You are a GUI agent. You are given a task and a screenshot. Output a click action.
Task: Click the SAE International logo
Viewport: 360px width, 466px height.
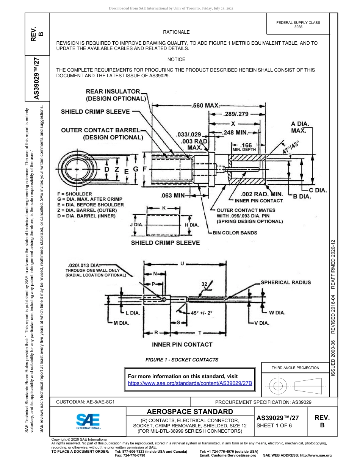pyautogui.click(x=88, y=421)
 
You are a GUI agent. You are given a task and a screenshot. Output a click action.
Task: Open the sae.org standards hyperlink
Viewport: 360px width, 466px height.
pyautogui.click(x=190, y=383)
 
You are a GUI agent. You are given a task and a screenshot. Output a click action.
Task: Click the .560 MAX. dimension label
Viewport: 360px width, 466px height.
pyautogui.click(x=206, y=106)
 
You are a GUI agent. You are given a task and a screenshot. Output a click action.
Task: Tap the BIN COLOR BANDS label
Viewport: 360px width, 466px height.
pyautogui.click(x=235, y=233)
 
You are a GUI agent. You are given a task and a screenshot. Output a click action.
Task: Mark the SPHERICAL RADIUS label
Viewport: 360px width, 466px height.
pyautogui.click(x=285, y=282)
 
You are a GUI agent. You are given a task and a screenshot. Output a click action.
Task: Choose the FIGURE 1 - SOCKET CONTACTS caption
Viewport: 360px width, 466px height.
pyautogui.click(x=182, y=360)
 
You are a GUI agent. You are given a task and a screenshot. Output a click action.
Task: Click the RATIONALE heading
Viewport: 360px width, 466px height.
pyautogui.click(x=176, y=32)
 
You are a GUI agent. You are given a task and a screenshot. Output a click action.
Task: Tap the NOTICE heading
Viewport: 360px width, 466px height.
pyautogui.click(x=176, y=59)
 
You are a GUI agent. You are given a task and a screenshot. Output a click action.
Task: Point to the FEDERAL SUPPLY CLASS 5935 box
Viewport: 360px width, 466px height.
pyautogui.click(x=298, y=25)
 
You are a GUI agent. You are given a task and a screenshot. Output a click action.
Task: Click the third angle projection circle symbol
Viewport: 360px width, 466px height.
pyautogui.click(x=278, y=386)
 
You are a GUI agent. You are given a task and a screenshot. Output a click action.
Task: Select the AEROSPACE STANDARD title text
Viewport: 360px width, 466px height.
pyautogui.click(x=189, y=411)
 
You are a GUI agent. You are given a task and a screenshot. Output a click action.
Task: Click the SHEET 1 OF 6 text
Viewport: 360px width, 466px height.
pyautogui.click(x=274, y=425)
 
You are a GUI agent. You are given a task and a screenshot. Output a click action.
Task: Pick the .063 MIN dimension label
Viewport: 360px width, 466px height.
pyautogui.click(x=172, y=196)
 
